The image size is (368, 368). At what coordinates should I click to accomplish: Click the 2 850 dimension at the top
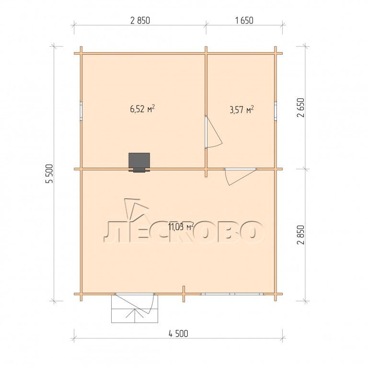click(x=140, y=21)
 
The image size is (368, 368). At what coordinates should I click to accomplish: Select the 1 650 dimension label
click(x=244, y=21)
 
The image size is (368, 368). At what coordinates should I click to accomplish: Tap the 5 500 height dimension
click(x=50, y=173)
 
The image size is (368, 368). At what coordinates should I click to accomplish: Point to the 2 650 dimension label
click(x=300, y=108)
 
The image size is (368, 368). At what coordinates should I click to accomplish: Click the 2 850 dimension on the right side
click(x=300, y=235)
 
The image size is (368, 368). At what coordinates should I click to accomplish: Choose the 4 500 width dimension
click(x=179, y=333)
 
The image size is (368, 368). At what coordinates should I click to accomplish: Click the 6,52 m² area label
click(x=142, y=109)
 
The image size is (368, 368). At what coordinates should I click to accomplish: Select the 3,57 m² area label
click(x=241, y=109)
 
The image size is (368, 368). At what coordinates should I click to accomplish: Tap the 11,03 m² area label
click(x=181, y=227)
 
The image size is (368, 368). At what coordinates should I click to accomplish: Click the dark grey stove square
click(x=139, y=161)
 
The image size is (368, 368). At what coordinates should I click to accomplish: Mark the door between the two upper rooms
click(x=213, y=132)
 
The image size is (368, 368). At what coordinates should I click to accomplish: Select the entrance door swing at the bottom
click(x=136, y=303)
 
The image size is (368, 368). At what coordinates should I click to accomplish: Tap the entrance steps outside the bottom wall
click(x=135, y=309)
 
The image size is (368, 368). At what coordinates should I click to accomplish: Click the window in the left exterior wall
click(x=80, y=111)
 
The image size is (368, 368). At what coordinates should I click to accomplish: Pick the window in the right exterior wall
click(x=276, y=112)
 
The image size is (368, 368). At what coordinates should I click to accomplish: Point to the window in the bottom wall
click(x=232, y=294)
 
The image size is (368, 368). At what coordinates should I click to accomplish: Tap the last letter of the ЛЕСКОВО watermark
click(x=251, y=232)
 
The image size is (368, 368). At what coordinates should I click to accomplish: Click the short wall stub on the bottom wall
click(x=184, y=294)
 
